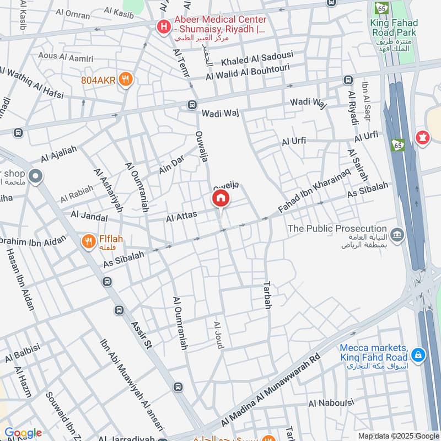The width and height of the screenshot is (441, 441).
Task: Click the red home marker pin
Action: (x=220, y=199)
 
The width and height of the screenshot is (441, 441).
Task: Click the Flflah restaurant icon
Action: (x=88, y=241)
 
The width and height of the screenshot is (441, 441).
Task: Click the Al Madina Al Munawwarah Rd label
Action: (x=270, y=386)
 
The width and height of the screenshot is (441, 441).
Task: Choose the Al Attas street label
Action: (x=181, y=217)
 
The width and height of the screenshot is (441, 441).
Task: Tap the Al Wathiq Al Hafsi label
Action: (x=31, y=83)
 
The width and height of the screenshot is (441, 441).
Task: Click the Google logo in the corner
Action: (x=23, y=433)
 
